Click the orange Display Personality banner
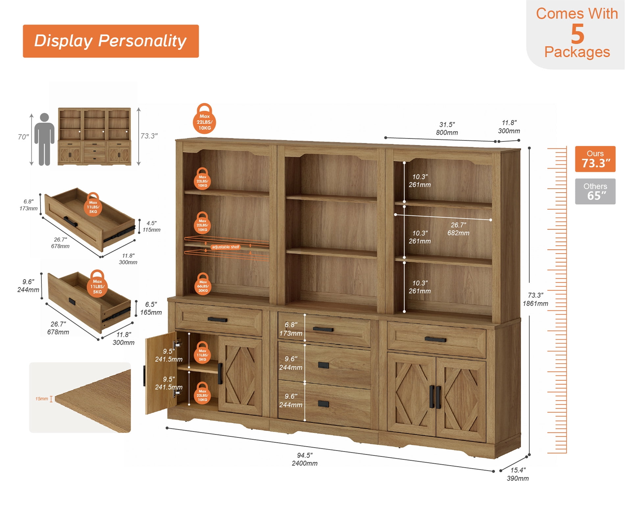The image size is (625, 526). coord(111,41)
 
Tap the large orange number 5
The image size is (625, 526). coord(577,34)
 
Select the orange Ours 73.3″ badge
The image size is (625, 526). coord(595,159)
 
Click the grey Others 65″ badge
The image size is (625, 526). coord(595,191)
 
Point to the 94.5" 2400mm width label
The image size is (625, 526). coord(305,459)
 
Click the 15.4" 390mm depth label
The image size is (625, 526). coord(518,474)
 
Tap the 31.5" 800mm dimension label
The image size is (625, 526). coord(447,129)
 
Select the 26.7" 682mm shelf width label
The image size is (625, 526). coord(458,229)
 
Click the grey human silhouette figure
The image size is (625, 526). coord(44,139)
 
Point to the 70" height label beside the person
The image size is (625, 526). coord(23,137)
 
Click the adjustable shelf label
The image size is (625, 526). coord(226,247)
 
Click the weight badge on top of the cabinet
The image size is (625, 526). coord(204,119)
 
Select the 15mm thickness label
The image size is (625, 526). coord(41,399)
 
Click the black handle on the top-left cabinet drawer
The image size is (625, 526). coord(217,320)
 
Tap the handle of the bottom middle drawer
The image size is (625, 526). coord(323,404)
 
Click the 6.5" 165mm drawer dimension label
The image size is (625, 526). coord(151,308)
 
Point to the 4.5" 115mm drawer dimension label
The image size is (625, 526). coord(151,227)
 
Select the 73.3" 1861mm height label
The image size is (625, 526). coord(535,299)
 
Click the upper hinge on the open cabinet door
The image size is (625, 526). coord(178,344)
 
